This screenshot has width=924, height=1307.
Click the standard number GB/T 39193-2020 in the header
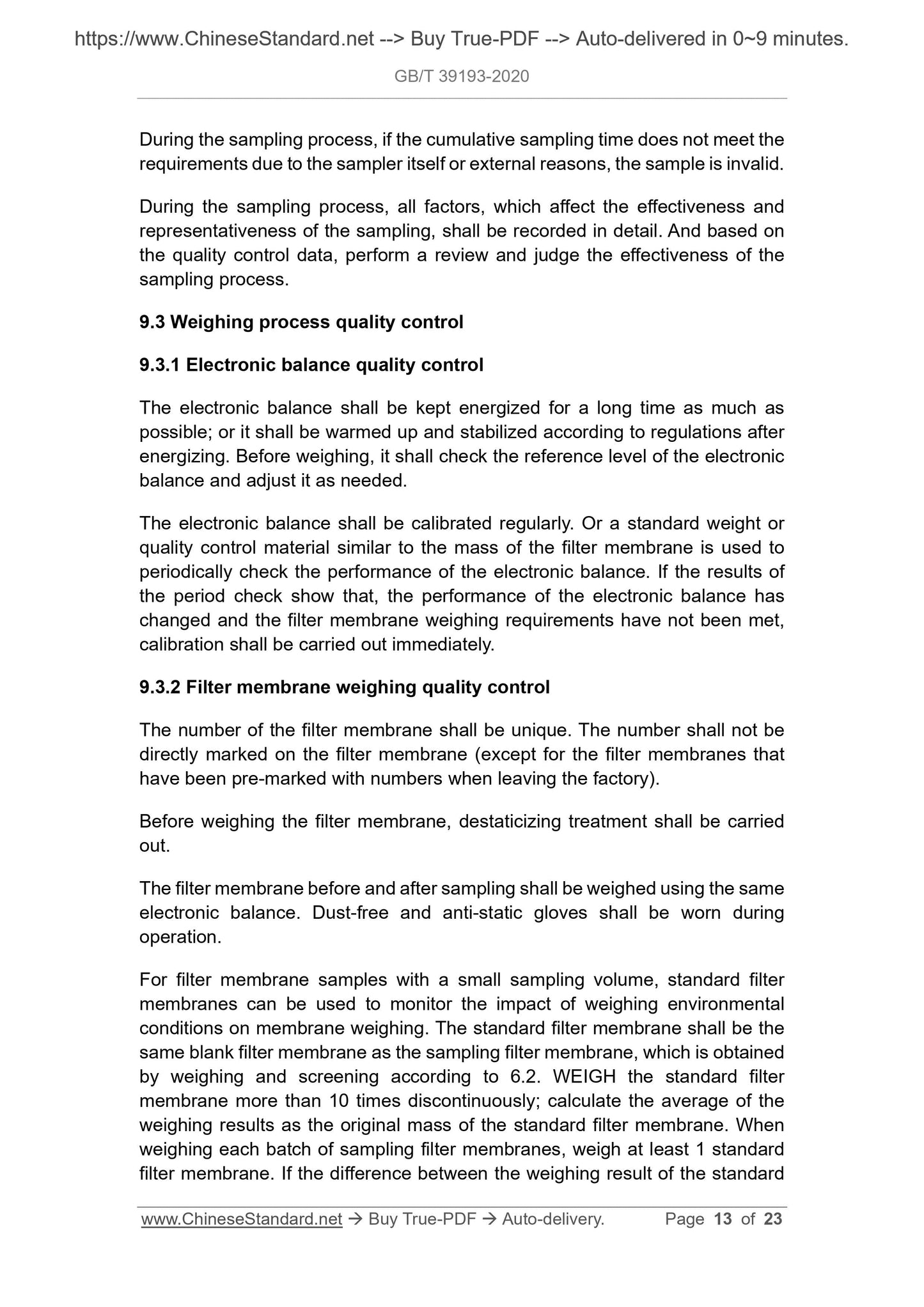click(x=462, y=77)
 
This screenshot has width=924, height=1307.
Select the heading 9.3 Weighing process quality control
click(x=301, y=322)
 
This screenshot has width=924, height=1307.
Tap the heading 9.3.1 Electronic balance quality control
click(x=311, y=365)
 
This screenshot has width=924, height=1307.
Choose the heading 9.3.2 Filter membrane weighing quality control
click(x=345, y=687)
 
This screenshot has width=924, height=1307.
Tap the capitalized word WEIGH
click(x=584, y=1077)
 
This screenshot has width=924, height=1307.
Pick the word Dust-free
click(x=350, y=912)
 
